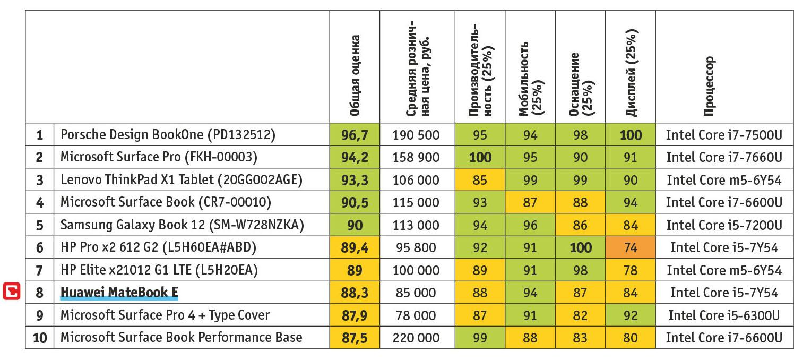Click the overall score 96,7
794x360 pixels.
(355, 135)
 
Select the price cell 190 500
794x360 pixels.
(416, 135)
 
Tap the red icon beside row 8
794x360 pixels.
(12, 292)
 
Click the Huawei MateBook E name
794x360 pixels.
(119, 293)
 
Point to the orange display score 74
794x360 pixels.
(631, 247)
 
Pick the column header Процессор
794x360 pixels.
(709, 86)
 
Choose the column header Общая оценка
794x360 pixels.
(355, 75)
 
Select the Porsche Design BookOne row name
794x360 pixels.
(168, 135)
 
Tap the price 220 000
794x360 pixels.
(416, 338)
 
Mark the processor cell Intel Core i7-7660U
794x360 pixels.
(724, 157)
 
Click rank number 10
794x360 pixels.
(40, 338)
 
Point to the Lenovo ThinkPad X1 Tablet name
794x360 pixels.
(181, 180)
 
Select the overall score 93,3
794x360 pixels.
(355, 180)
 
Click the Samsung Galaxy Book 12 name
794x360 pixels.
(182, 225)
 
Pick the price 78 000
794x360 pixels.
(416, 315)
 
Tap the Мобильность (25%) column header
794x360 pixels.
(530, 79)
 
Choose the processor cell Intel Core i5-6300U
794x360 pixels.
(724, 315)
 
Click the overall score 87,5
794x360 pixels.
(355, 338)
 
